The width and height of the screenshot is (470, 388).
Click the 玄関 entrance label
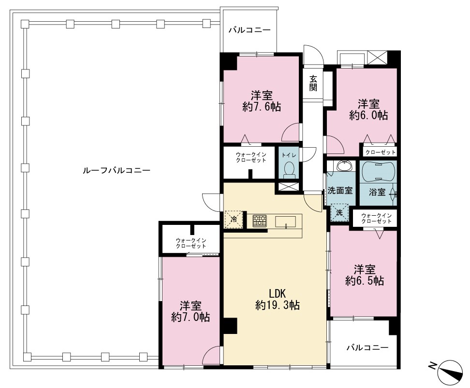pos(313,83)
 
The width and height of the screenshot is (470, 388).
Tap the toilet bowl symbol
pos(289,169)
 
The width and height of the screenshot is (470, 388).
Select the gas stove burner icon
pos(260,221)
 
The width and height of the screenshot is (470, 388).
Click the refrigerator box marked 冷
pos(234,219)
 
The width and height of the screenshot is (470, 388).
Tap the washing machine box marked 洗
pos(339,212)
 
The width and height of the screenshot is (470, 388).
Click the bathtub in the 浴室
pos(378,172)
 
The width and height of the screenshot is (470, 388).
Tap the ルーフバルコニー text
pos(117,170)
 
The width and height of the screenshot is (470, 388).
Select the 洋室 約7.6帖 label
pos(262,101)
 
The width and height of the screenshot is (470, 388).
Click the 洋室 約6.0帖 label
pos(368,110)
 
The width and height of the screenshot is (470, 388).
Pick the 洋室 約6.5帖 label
pos(365,275)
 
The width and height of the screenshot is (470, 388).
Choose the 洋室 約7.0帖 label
pos(191,311)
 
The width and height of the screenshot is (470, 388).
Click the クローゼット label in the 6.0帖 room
pos(381,152)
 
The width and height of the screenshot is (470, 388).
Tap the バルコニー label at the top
pos(250,30)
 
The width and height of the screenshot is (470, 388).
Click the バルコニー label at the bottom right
pos(368,347)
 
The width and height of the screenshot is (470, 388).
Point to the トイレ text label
pos(289,155)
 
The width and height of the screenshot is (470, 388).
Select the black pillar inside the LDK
pos(230,326)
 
